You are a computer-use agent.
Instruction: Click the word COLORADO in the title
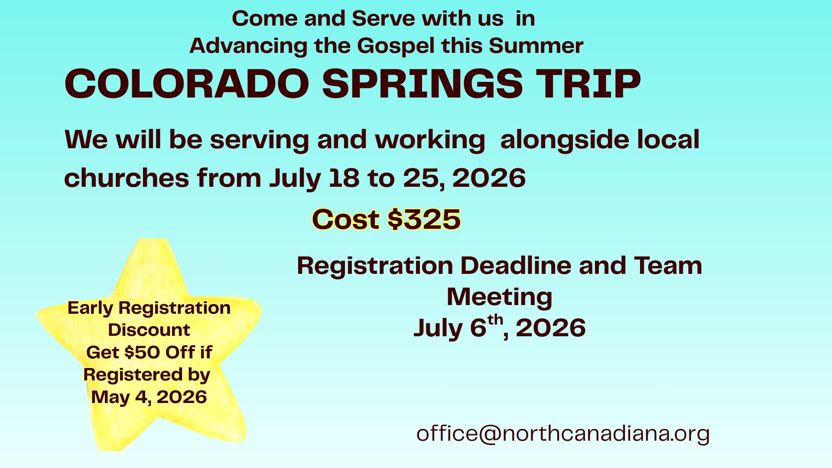tap(187, 84)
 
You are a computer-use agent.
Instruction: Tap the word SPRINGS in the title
tap(422, 84)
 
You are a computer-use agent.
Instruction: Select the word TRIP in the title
tap(588, 84)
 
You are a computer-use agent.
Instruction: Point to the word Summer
tap(536, 46)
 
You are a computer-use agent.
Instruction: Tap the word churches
tap(127, 178)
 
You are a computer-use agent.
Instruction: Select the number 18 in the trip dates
tap(344, 178)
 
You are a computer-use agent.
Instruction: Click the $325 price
tap(424, 219)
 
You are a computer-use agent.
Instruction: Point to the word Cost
tap(346, 219)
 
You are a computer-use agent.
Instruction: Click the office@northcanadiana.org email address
tap(563, 434)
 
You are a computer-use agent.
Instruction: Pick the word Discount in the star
tap(149, 330)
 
